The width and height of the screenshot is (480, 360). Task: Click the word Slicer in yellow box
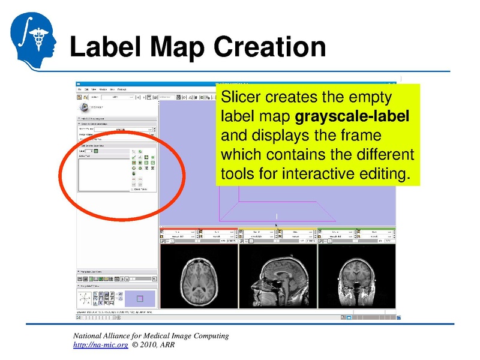241,97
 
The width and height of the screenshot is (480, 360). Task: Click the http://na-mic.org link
100,346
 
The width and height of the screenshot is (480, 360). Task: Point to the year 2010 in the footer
149,346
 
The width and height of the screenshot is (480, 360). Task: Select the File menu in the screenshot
79,89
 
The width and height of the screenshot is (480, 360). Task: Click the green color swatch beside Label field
95,151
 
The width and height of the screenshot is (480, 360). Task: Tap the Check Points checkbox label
140,190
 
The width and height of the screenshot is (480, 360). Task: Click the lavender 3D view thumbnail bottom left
140,298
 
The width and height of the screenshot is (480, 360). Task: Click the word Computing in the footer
208,336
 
